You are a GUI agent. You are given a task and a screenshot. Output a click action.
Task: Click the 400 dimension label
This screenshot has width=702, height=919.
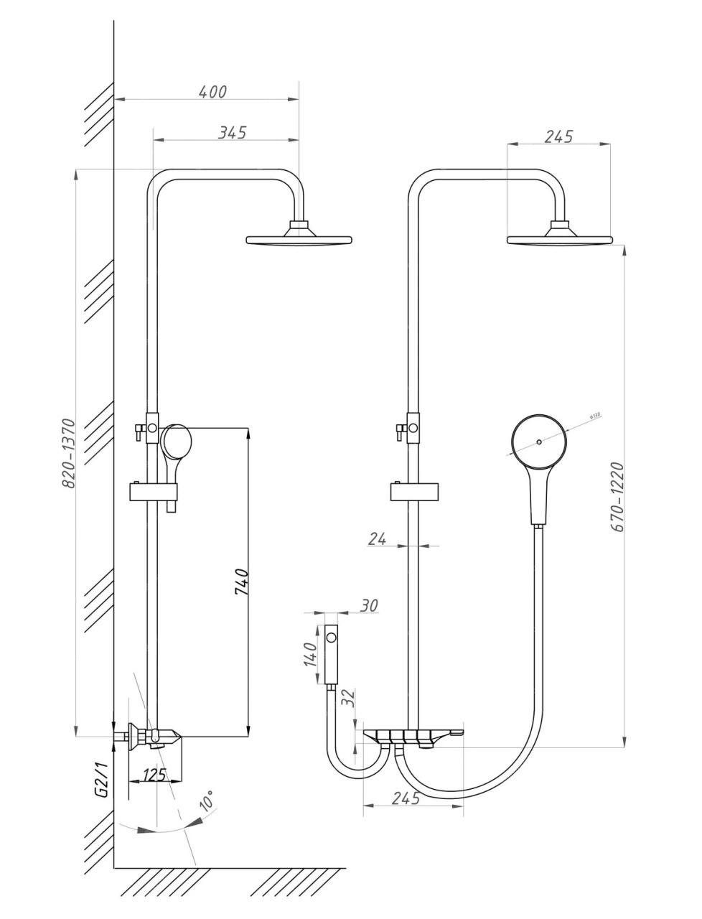coord(212,92)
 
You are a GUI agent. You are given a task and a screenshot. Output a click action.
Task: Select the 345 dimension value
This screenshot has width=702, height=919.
coord(233,132)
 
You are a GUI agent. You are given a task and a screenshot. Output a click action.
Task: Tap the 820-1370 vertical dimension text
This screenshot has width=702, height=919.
coord(68,453)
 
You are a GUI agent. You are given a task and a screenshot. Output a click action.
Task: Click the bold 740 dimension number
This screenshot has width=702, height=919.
coord(241,581)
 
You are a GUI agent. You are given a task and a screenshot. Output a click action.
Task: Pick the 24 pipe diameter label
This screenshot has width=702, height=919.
coord(378,539)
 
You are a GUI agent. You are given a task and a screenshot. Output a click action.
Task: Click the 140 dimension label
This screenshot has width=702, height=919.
coord(310,654)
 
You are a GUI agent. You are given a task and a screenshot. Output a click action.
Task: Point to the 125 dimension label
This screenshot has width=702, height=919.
coord(155,775)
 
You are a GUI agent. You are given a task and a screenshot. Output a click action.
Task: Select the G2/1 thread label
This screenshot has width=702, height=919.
coord(101,782)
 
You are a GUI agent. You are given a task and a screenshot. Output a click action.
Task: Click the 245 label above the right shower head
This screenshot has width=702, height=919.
coord(558,136)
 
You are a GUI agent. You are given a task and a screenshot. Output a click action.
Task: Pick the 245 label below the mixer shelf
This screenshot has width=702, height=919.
coord(406,798)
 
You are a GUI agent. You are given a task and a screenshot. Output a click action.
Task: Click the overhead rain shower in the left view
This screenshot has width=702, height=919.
coord(299,238)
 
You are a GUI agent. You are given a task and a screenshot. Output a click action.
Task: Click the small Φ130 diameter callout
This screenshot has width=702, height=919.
coord(594,416)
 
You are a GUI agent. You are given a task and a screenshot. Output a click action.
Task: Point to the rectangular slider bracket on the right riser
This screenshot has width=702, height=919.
coord(416,492)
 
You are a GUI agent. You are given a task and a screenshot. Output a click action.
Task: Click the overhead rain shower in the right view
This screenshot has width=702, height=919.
coord(559,238)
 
